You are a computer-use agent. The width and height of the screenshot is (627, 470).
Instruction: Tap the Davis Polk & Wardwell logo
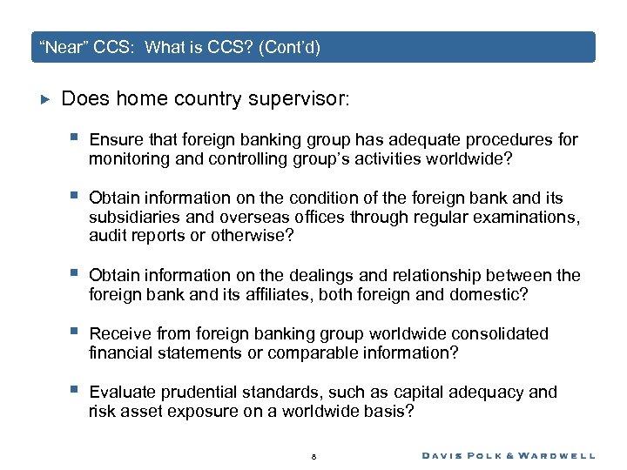tap(509, 455)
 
